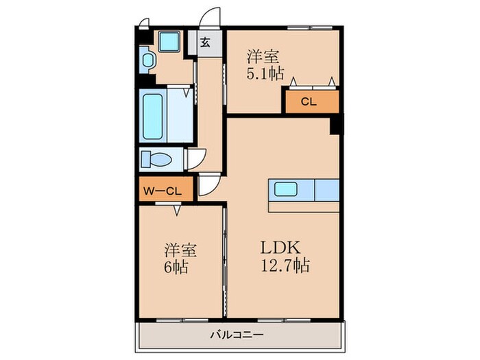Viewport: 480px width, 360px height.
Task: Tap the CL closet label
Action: pyautogui.click(x=309, y=102)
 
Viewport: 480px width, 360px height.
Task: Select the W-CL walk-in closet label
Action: pyautogui.click(x=162, y=191)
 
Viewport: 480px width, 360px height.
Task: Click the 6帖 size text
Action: pyautogui.click(x=176, y=266)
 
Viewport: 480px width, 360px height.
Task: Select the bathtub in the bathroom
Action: pyautogui.click(x=159, y=115)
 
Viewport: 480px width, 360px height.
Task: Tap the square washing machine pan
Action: pyautogui.click(x=168, y=42)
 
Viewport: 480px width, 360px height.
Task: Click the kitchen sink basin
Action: pyautogui.click(x=285, y=189)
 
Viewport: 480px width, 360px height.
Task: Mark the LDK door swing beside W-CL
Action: pyautogui.click(x=209, y=184)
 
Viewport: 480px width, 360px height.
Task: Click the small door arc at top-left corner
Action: pyautogui.click(x=143, y=23)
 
